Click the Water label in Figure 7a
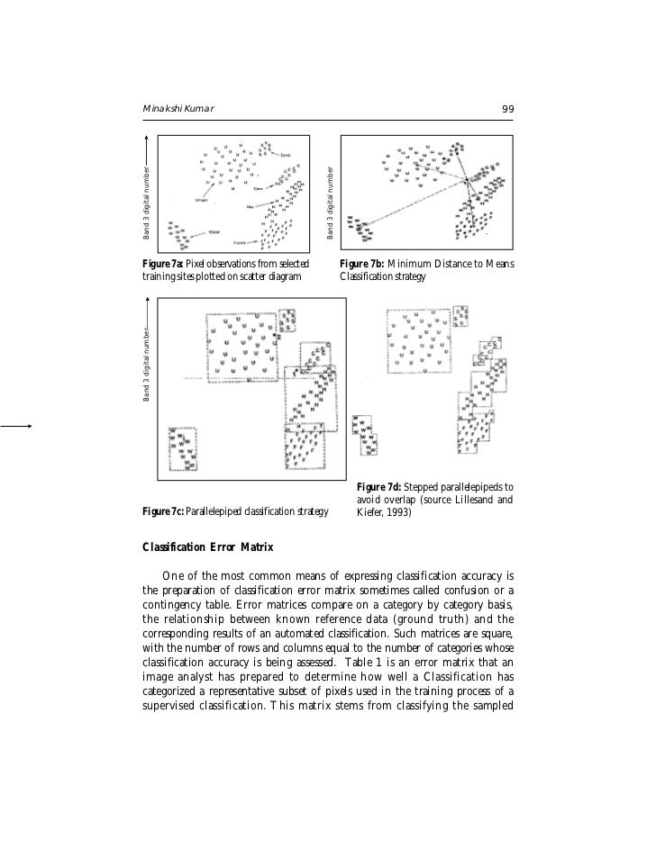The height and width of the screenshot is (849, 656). click(x=216, y=231)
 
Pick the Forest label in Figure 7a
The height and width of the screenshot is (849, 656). click(x=241, y=243)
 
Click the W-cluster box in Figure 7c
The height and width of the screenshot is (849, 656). click(x=183, y=447)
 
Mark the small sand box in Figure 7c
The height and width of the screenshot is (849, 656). click(x=287, y=321)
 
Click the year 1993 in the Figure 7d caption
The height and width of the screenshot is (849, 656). click(x=396, y=513)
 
